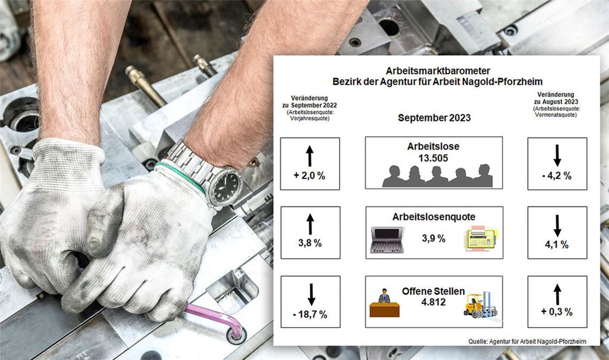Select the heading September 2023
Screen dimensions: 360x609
434,118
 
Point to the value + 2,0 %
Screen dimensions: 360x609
309,176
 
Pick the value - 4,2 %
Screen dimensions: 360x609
557,176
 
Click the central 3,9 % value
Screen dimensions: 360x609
434,239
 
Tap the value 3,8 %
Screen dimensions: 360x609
309,244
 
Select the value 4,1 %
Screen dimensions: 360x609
557,244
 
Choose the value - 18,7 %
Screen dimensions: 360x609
310,314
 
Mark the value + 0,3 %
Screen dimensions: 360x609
557,312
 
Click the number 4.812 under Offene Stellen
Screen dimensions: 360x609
434,302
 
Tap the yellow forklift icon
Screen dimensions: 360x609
480,305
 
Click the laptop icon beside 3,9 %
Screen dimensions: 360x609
387,240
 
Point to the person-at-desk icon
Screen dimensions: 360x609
384,303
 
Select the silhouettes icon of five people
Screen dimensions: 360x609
437,177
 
